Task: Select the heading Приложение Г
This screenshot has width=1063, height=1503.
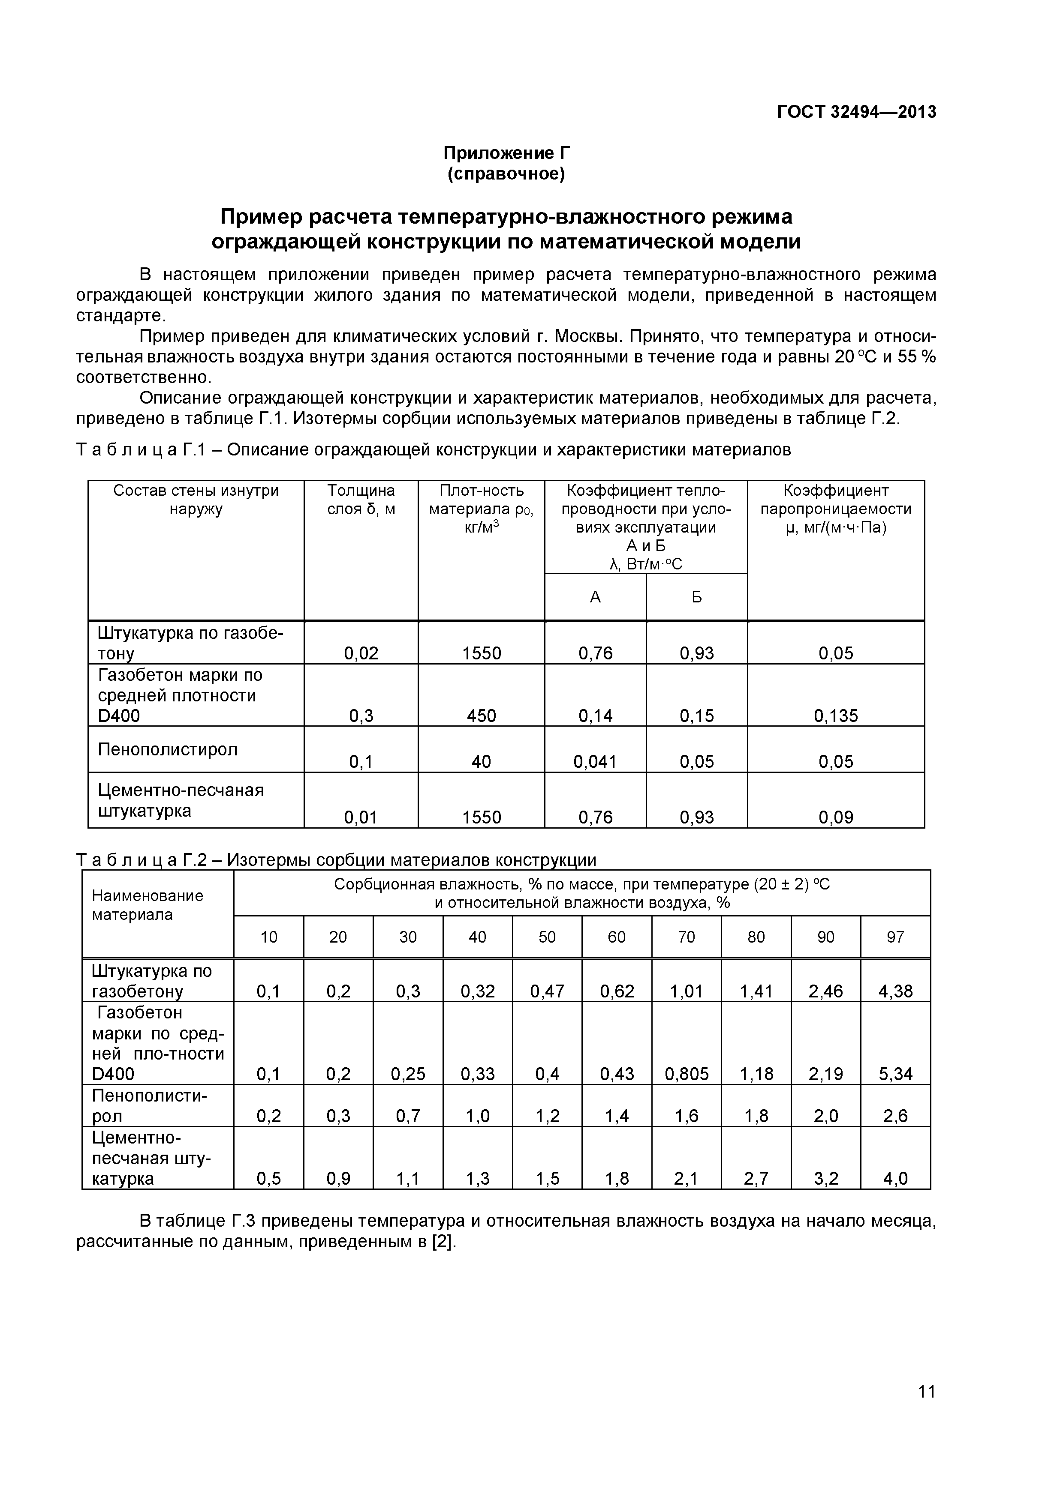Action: pos(506,153)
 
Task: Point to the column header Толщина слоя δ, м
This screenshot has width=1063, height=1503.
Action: pos(361,500)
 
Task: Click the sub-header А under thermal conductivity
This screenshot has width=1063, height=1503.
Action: pos(595,597)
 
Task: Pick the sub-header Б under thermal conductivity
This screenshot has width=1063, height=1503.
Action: pos(696,597)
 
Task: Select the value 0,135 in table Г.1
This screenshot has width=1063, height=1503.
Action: pos(836,716)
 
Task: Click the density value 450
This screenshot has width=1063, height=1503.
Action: pos(482,716)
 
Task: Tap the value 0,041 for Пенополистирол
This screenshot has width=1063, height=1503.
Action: pos(595,761)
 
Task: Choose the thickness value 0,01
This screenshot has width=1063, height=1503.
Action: pos(361,817)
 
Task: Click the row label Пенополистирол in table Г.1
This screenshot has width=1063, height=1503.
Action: pos(168,749)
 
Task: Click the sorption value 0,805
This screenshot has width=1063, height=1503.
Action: pos(687,1074)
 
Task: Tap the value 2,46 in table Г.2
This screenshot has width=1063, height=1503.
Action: pos(825,991)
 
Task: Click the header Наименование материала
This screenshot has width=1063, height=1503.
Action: pos(148,905)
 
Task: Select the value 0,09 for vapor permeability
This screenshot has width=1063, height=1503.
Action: pos(836,817)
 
